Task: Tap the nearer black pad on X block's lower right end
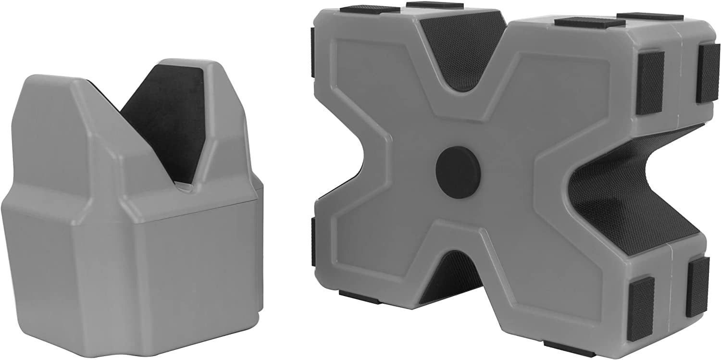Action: tap(641, 301)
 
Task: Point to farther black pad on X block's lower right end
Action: tap(696, 286)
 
